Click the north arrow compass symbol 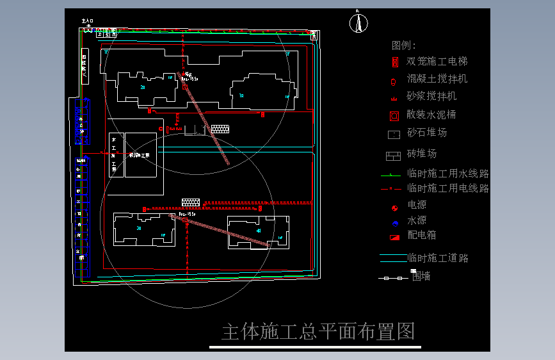(358, 23)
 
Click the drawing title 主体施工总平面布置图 (318, 332)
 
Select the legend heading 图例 (403, 45)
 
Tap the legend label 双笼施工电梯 (437, 61)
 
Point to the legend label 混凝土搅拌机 (437, 79)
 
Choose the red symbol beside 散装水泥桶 (394, 116)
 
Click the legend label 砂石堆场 (427, 133)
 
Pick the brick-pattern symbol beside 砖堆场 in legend (393, 155)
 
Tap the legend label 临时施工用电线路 (448, 188)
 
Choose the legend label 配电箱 (422, 235)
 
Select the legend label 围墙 (421, 276)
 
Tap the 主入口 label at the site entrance (88, 21)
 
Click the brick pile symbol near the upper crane (220, 129)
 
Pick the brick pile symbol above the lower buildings (191, 202)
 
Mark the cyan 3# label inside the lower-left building (139, 228)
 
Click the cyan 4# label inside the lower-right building (259, 231)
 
